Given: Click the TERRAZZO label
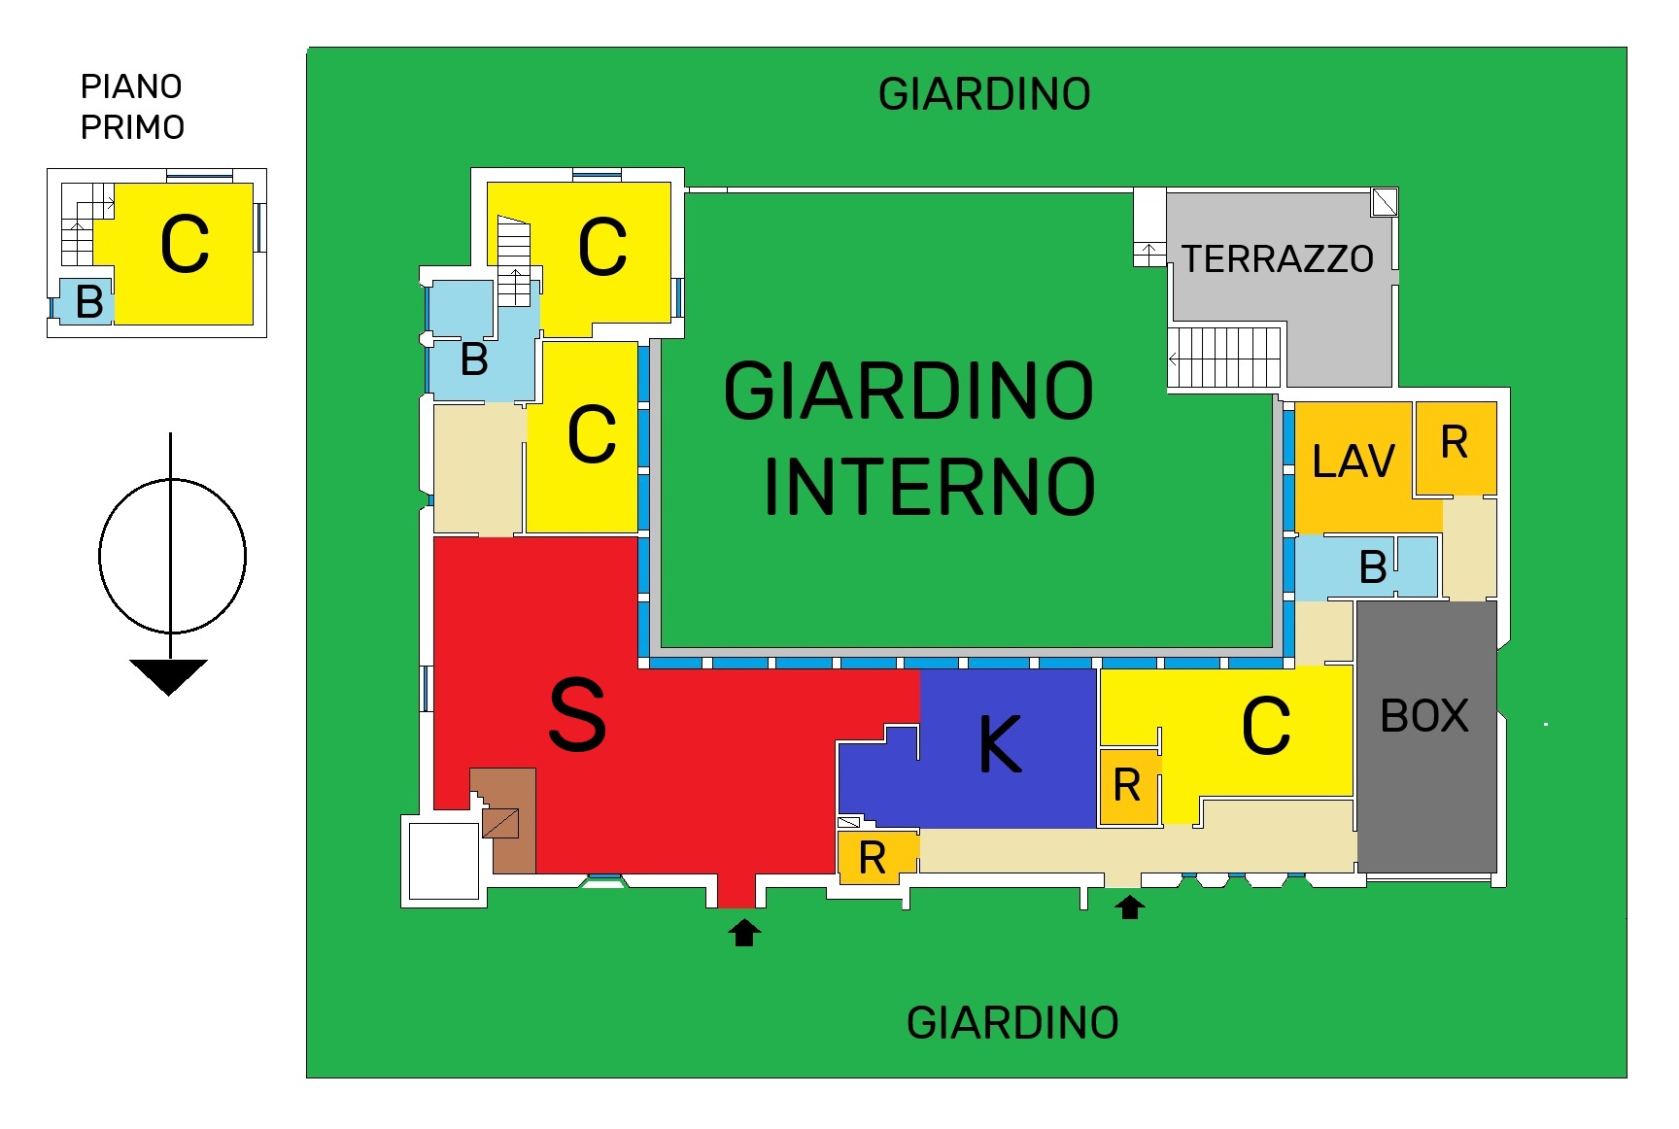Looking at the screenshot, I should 1277,259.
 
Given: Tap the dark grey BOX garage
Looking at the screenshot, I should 1425,736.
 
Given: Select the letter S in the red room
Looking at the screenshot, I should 577,715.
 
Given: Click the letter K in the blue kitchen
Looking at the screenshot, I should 1000,744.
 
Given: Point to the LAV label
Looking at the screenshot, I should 1353,462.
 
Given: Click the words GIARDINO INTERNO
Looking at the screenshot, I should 911,438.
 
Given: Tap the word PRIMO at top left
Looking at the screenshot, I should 132,127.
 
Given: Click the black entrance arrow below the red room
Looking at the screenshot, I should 744,933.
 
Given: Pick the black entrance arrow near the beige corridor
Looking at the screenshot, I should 1129,907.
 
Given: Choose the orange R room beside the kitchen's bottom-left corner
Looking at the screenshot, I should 873,858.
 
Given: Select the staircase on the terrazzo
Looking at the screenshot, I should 1224,358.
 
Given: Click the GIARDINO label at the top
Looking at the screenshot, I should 984,95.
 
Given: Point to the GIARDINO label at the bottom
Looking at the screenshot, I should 1012,1023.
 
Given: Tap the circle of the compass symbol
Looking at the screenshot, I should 172,556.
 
